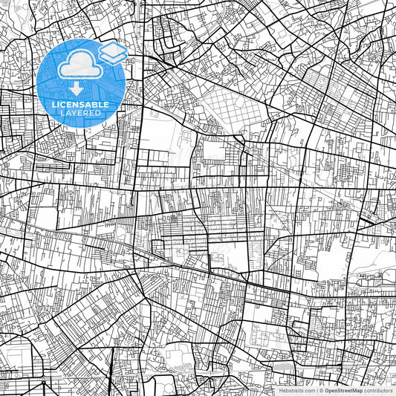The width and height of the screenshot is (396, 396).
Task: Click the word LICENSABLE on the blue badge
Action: [x=80, y=105]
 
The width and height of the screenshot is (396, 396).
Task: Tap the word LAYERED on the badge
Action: [x=80, y=113]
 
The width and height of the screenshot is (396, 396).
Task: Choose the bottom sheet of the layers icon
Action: [x=112, y=57]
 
